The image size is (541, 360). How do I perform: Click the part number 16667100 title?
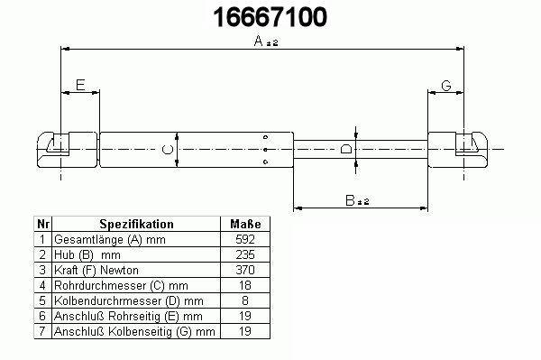pos(270,17)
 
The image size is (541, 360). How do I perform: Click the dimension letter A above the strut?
pos(258,41)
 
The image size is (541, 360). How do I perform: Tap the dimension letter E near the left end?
pos(80,85)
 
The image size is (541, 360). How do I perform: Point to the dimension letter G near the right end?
pos(446,85)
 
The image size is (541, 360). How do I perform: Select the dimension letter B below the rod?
pos(350,200)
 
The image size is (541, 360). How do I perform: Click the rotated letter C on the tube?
pos(168,150)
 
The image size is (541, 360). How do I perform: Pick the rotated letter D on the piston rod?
pos(346,149)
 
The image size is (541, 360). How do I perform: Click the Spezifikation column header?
pos(136,224)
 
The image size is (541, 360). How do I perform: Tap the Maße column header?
pos(245,224)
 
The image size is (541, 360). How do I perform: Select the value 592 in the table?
pos(245,239)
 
